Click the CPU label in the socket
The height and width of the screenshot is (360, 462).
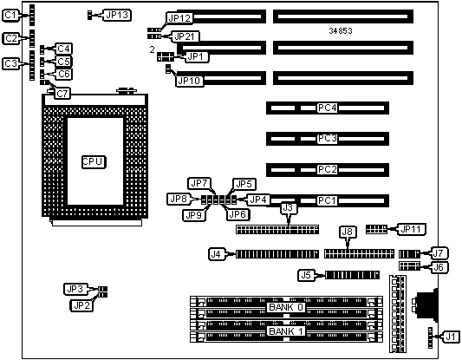point(93,161)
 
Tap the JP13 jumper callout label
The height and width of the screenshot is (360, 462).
point(117,15)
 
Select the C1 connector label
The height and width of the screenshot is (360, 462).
point(10,15)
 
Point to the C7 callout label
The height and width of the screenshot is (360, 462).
point(62,94)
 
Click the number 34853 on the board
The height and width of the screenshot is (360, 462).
point(341,30)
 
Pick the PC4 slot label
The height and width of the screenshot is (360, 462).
point(327,108)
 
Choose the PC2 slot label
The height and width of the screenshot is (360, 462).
point(327,169)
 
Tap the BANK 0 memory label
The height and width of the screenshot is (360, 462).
point(286,307)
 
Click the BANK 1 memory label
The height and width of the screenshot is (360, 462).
point(286,331)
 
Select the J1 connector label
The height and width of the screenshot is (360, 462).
point(451,337)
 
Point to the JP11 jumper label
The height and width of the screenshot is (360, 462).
point(411,229)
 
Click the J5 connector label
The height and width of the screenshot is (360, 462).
point(306,275)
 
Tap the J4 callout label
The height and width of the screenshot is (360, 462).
point(217,254)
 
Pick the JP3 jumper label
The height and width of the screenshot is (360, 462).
point(75,289)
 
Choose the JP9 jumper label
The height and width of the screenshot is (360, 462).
point(194,215)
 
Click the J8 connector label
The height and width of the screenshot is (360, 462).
point(347,232)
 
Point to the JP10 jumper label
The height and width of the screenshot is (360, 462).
point(190,81)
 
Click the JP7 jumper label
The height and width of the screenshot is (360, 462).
point(199,183)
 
